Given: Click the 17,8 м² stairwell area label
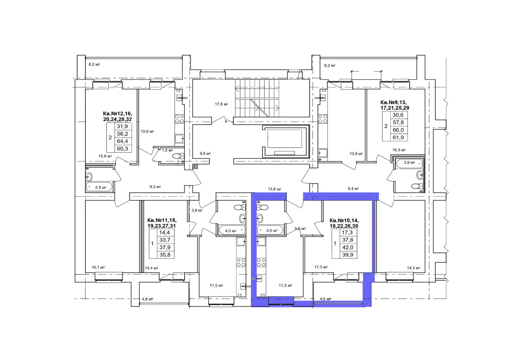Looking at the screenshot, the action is click(x=221, y=104).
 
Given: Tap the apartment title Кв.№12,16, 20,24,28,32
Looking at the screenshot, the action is click(x=117, y=116).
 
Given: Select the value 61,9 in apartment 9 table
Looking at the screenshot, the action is click(x=398, y=138).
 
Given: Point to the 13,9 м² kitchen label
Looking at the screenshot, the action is click(x=356, y=154).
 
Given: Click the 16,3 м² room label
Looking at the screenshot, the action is click(x=399, y=150).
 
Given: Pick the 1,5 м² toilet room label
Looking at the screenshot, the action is click(x=167, y=150).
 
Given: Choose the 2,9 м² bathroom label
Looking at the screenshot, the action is click(x=101, y=187).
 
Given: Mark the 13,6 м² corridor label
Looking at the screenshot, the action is click(x=275, y=189).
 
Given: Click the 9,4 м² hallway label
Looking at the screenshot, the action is click(x=353, y=188).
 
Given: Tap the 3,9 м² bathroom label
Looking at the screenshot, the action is click(x=409, y=162).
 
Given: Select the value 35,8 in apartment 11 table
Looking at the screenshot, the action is click(x=165, y=255).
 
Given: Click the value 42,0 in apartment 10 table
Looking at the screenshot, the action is click(x=348, y=247).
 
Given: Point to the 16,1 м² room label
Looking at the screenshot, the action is click(x=98, y=267).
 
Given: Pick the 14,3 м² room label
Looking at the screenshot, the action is click(x=414, y=268).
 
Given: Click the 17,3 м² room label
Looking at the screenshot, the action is click(x=321, y=267).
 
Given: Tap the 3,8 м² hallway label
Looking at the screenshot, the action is click(x=197, y=210).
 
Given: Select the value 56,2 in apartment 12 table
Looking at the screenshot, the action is click(x=122, y=134).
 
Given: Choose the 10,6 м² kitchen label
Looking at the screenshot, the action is click(x=147, y=131).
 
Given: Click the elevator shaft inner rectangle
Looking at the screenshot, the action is click(x=284, y=139).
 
